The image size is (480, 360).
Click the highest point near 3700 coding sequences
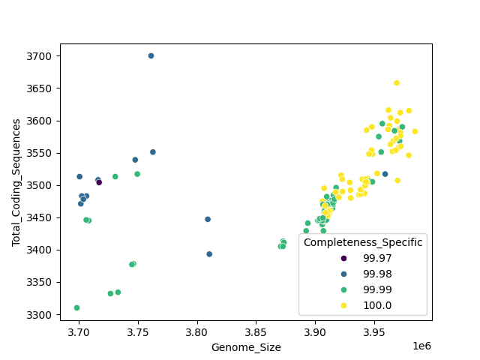(x=151, y=55)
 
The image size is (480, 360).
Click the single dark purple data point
(x=99, y=182)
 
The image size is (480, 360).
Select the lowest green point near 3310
(x=76, y=307)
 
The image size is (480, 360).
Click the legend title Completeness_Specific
(x=363, y=242)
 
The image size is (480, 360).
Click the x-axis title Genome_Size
(x=246, y=347)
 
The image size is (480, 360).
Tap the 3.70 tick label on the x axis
(x=79, y=331)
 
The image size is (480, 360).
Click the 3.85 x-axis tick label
(x=256, y=331)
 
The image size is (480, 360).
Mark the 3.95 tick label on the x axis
(x=373, y=331)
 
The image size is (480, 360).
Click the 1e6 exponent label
(x=421, y=344)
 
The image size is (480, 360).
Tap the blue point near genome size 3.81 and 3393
(x=209, y=254)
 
